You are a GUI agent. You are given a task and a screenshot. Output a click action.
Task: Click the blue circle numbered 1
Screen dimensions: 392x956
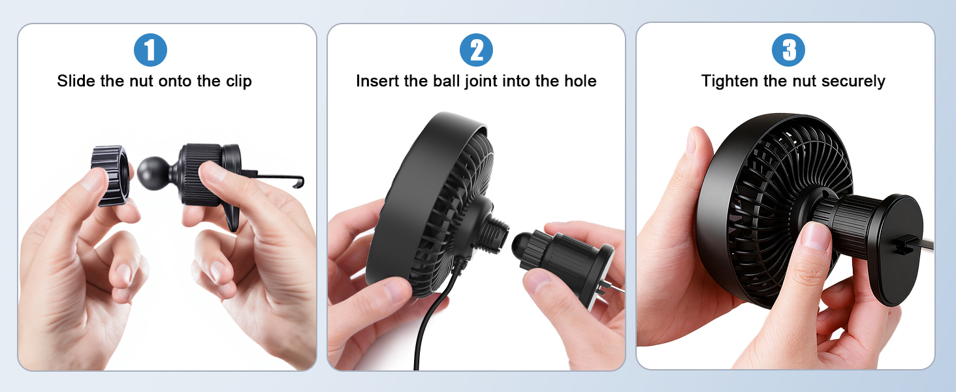click(x=150, y=50)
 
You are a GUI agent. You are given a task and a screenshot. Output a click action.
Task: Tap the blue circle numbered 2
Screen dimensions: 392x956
click(x=476, y=50)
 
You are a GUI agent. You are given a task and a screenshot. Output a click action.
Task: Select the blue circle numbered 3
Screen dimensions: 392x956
click(x=788, y=50)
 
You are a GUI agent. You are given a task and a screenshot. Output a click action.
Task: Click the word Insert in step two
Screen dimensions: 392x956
click(x=375, y=81)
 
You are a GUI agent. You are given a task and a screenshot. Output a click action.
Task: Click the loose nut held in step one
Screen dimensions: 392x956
click(x=109, y=175)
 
